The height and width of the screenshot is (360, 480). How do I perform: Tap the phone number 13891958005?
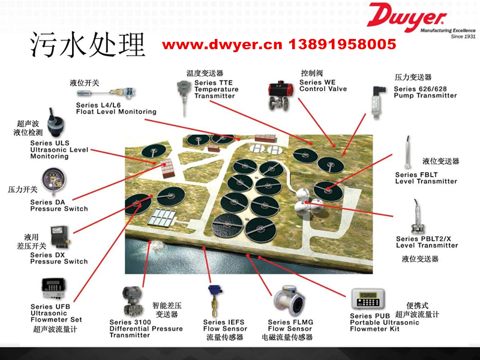click(x=342, y=44)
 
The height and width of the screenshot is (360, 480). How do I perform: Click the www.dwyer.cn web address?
click(x=222, y=45)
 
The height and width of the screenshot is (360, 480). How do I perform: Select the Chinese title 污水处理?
click(x=88, y=44)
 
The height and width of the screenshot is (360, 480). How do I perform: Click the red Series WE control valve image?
click(x=279, y=96)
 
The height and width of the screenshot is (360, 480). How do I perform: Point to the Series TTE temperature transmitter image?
click(x=184, y=98)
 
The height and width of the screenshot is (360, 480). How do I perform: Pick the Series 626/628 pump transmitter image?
click(x=377, y=103)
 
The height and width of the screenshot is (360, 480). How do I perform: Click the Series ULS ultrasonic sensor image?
click(x=55, y=124)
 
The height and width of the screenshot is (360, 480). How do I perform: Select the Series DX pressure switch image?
click(x=60, y=237)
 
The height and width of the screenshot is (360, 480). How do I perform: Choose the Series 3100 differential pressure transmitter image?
click(x=132, y=302)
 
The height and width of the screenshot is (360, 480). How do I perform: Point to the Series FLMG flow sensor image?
click(x=289, y=302)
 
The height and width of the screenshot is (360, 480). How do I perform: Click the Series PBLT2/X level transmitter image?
click(x=418, y=217)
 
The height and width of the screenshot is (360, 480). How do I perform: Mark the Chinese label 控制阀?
click(x=311, y=73)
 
